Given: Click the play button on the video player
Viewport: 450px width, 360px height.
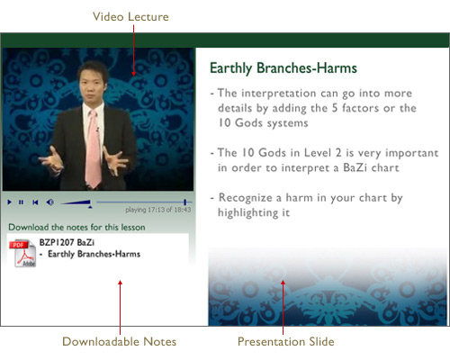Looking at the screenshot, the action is [x=10, y=202].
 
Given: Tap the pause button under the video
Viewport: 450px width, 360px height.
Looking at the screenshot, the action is [x=21, y=202].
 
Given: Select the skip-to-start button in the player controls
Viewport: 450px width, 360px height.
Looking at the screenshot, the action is [x=35, y=202].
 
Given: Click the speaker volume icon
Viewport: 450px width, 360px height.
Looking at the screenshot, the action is [x=50, y=202].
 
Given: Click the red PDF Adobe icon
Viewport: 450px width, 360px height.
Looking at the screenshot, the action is [x=22, y=253].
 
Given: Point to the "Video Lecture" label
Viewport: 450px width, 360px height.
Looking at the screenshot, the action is [x=130, y=17].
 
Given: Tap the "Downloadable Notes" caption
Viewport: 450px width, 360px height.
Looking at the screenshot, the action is [x=120, y=342].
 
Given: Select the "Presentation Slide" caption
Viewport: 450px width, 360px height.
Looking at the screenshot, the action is [x=286, y=342].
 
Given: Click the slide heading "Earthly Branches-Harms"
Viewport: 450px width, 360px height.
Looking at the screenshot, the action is [x=283, y=68].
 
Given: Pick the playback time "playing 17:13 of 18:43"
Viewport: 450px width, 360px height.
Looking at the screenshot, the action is [x=158, y=210].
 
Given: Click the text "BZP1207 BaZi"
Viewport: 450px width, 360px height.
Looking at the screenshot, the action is [x=67, y=242].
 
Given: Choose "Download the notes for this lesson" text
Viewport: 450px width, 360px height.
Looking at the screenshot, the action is [x=76, y=227].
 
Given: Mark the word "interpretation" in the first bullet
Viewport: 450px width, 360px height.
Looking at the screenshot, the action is [x=279, y=94].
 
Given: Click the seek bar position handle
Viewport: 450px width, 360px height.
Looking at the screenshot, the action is [x=185, y=202].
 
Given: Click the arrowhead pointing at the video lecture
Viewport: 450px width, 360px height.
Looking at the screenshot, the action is [x=133, y=74].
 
